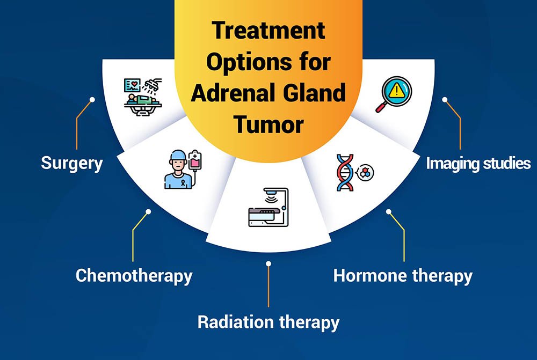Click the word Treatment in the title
click(x=268, y=30)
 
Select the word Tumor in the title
click(x=269, y=124)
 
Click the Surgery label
click(x=72, y=164)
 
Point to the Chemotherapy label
click(x=134, y=276)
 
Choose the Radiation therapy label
click(x=268, y=322)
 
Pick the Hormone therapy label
click(x=403, y=276)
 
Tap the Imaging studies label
click(x=478, y=164)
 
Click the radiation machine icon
click(x=268, y=207)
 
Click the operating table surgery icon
click(x=143, y=97)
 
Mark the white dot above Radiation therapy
click(x=268, y=263)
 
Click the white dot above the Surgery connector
click(x=92, y=100)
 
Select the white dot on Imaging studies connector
click(x=445, y=100)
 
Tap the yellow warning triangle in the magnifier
click(x=397, y=90)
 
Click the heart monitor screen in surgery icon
click(x=132, y=85)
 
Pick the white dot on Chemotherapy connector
click(x=148, y=212)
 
